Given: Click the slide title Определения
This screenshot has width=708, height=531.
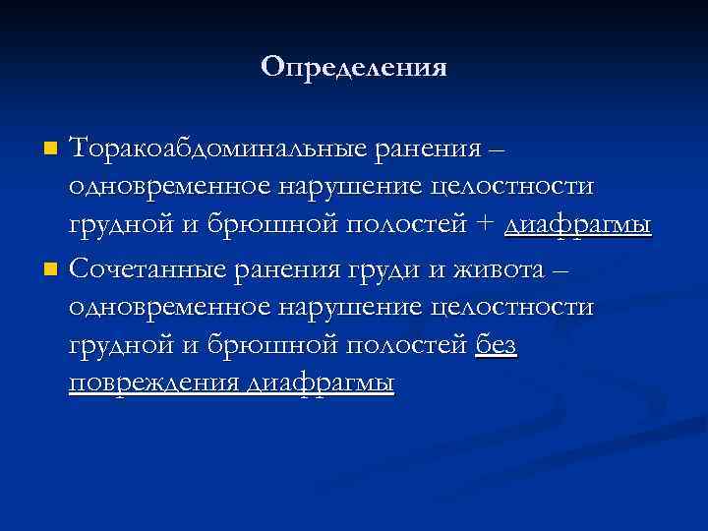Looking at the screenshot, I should point(354,67).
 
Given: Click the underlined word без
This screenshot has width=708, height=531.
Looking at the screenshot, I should point(497,344).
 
